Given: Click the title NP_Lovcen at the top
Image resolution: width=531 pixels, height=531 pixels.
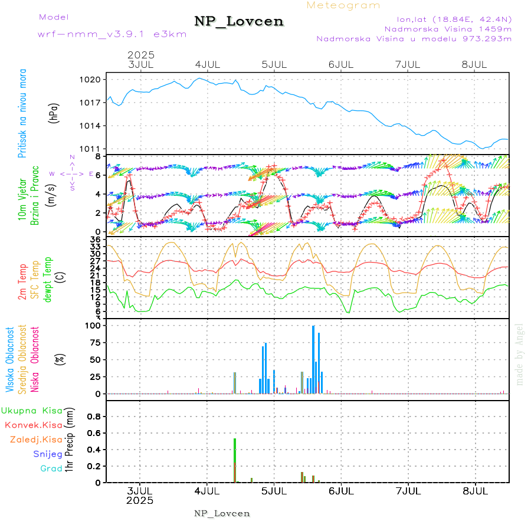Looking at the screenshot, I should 239,21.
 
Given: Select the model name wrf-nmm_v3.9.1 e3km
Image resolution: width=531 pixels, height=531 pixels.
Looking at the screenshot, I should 112,34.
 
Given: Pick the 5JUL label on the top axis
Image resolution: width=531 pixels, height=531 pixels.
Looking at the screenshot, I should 274,64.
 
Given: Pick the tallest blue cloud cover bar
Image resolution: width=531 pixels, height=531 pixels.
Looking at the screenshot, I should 313,359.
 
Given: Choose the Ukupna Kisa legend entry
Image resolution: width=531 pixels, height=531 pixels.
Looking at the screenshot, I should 32,411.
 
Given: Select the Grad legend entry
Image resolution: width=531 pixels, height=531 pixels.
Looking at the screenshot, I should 51,468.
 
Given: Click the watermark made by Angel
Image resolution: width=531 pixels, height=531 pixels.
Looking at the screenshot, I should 520,354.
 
